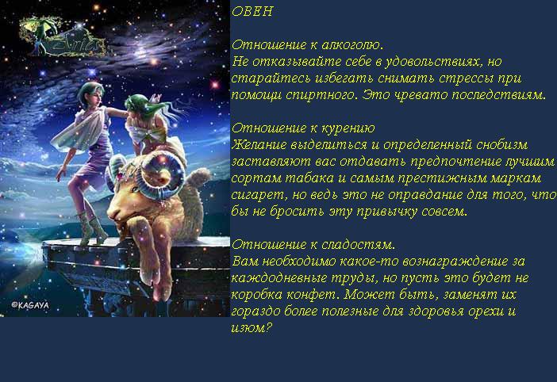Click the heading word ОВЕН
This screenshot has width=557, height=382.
pyautogui.click(x=252, y=12)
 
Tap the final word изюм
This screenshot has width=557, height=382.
pyautogui.click(x=252, y=328)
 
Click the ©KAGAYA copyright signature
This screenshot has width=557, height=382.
pyautogui.click(x=30, y=305)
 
